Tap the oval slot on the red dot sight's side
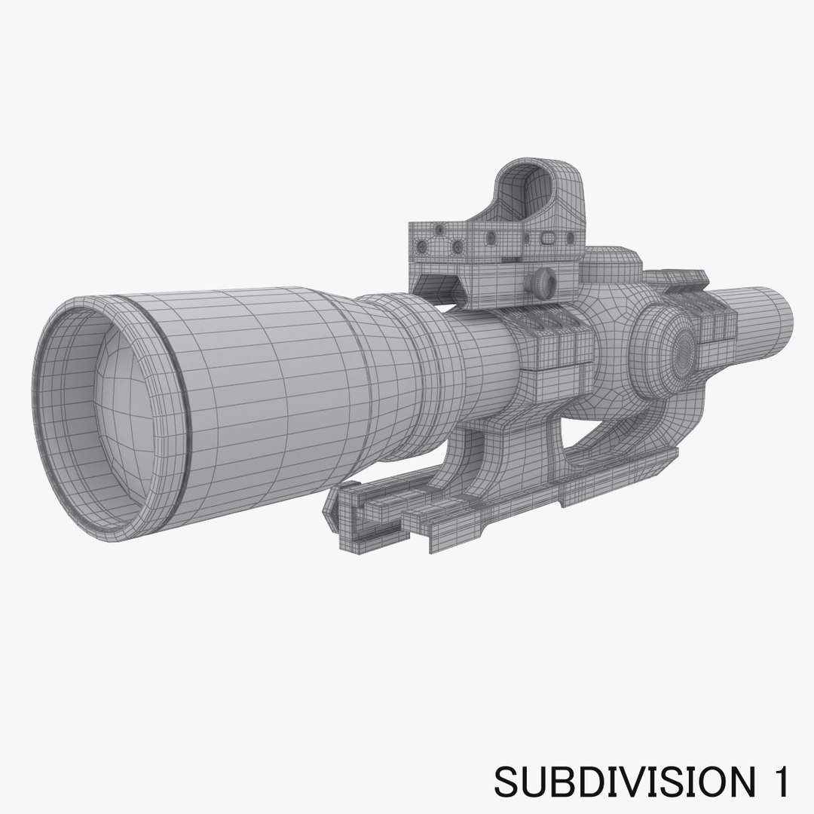(x=549, y=240)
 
